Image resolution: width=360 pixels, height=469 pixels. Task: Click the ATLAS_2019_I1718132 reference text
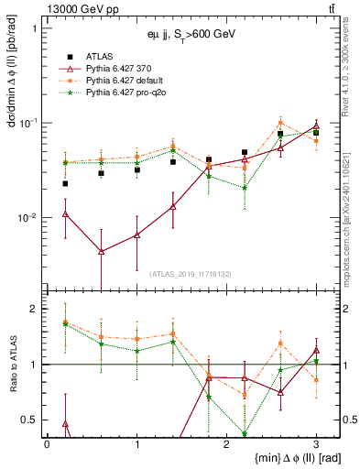click(190, 273)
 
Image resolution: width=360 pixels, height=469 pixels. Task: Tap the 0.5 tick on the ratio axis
click(31, 420)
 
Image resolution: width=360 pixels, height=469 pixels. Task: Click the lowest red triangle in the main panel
click(101, 251)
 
